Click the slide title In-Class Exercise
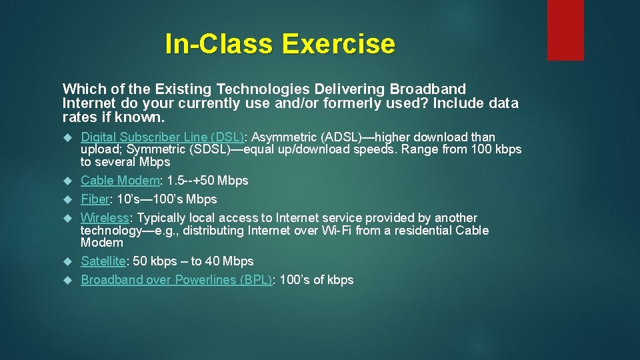click(x=280, y=44)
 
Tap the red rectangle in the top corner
click(x=565, y=30)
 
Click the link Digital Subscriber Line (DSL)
click(x=163, y=137)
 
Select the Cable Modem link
click(x=120, y=181)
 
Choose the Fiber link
click(x=94, y=199)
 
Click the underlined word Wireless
click(x=105, y=218)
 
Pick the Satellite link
click(x=103, y=261)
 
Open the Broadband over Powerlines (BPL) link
click(x=176, y=280)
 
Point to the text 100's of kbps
click(x=316, y=280)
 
